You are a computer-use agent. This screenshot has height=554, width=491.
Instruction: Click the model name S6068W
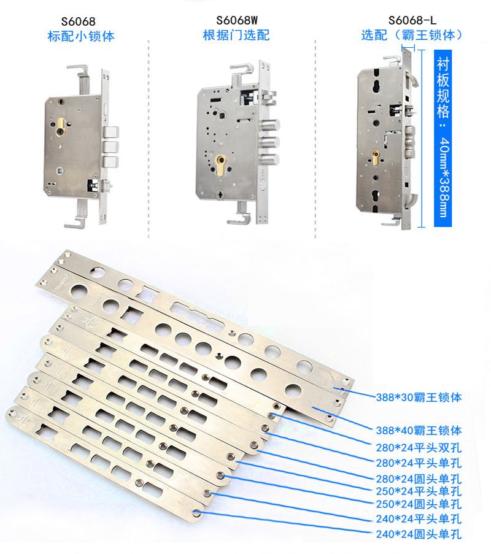(237, 20)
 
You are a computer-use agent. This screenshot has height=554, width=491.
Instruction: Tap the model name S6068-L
(412, 20)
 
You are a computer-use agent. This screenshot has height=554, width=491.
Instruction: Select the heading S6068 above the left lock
(79, 21)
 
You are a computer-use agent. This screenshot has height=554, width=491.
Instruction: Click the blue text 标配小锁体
(81, 36)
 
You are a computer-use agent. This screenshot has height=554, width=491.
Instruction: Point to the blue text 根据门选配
(236, 35)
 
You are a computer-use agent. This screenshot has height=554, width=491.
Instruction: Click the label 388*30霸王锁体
(419, 398)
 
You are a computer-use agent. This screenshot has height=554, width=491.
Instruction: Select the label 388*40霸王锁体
(419, 430)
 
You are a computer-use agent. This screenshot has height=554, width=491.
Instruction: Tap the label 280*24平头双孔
(419, 448)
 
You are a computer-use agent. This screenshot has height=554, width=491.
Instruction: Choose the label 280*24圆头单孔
(419, 479)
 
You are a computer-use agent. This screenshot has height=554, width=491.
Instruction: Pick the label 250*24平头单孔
(419, 491)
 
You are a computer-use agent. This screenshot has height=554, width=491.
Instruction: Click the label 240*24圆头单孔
(419, 534)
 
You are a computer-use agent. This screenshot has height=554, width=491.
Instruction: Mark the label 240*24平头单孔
(419, 518)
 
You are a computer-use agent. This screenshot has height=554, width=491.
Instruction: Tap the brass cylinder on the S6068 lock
(62, 128)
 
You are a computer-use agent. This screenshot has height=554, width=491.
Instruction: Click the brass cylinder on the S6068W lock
(220, 165)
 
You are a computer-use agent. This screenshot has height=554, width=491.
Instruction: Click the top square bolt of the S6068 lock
(110, 133)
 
